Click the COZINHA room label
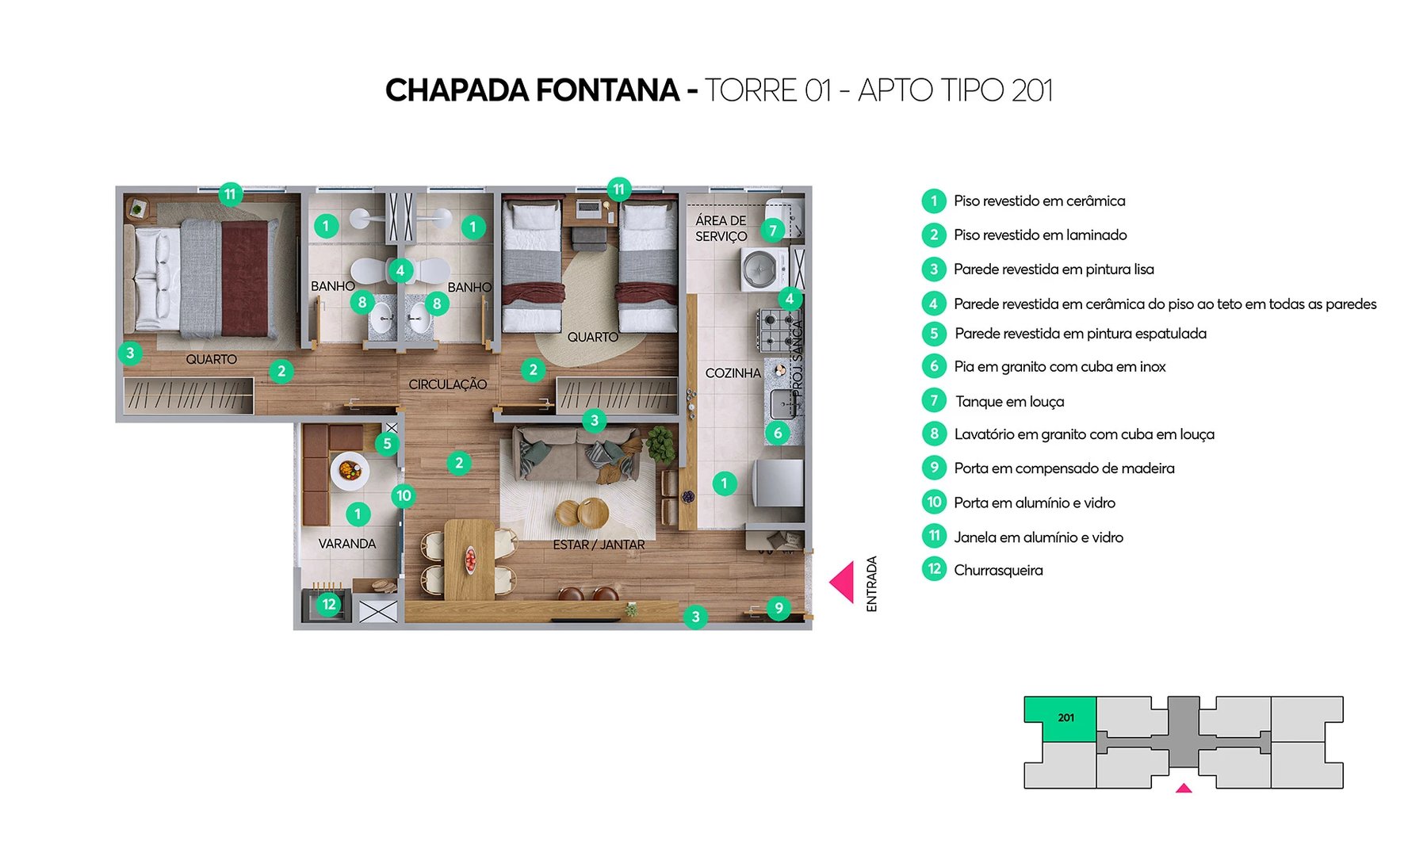(x=733, y=373)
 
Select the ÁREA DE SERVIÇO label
(x=721, y=228)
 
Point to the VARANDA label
(x=346, y=544)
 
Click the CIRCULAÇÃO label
(x=447, y=384)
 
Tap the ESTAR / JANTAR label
(x=599, y=545)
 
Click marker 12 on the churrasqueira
(x=328, y=605)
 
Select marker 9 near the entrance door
(x=779, y=608)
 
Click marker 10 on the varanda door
(x=403, y=496)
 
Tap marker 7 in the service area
(x=772, y=231)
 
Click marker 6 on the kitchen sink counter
(x=777, y=433)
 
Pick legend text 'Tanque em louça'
(x=1009, y=402)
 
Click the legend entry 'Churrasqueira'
(x=998, y=571)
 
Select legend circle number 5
(x=934, y=334)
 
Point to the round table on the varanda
(x=350, y=472)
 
